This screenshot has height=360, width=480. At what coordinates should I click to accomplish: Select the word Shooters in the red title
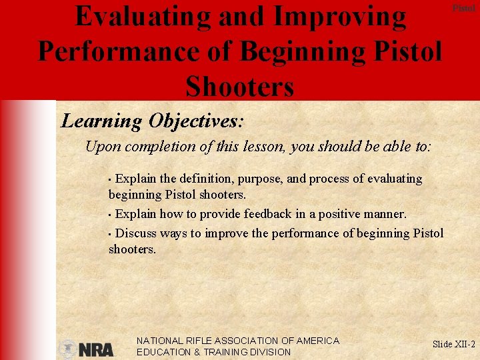tap(240, 86)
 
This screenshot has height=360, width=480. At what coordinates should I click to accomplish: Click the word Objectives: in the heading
tap(197, 121)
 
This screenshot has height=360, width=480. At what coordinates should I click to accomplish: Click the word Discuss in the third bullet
tap(137, 233)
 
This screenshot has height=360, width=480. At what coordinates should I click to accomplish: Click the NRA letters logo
tap(97, 349)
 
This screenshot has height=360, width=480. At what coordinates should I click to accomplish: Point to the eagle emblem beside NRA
tap(67, 349)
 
